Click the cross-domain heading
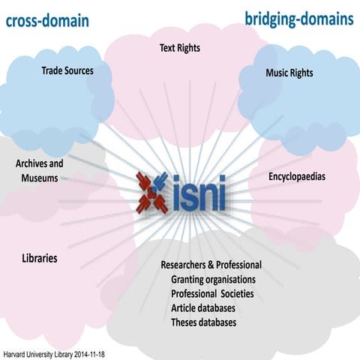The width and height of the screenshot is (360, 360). pos(47,20)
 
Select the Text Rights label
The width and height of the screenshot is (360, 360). pos(180,48)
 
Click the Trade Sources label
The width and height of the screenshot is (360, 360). pos(67,71)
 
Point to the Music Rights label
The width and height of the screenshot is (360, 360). pos(289,73)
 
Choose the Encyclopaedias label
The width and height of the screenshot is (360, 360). pos(297,177)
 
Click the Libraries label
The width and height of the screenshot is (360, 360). pos(40,259)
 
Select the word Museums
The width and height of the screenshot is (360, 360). pos(39,178)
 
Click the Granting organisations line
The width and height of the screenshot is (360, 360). pos(213,279)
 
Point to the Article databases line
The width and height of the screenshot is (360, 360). pos(203,307)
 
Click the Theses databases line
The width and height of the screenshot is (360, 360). pos(203,322)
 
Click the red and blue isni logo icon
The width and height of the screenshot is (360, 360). pos(153,192)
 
